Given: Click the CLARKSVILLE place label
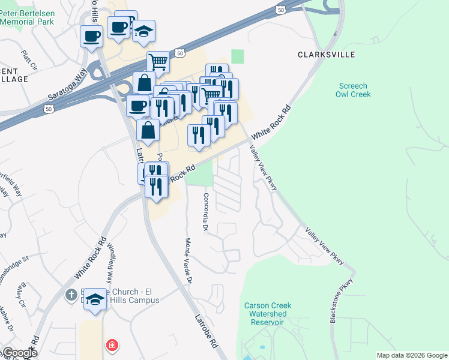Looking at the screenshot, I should (327, 55).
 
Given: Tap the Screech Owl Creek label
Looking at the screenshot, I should (354, 90).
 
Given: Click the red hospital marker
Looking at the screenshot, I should (112, 345).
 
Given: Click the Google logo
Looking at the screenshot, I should (19, 353).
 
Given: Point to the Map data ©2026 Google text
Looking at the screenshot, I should (411, 355).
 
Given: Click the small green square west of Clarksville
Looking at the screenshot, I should (238, 56).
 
